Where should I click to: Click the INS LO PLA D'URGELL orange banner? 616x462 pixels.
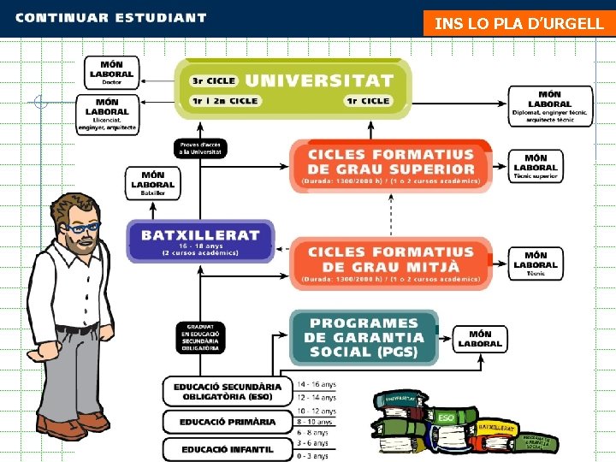(518, 23)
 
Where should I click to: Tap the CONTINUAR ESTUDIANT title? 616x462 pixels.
(111, 17)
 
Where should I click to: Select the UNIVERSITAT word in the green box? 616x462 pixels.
(319, 80)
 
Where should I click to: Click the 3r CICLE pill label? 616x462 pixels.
(213, 81)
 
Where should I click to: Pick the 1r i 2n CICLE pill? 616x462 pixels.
(225, 101)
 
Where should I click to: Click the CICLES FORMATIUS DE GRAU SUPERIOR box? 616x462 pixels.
(390, 166)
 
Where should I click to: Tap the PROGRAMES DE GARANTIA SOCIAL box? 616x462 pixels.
(364, 337)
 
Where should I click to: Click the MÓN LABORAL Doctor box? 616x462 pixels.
(111, 72)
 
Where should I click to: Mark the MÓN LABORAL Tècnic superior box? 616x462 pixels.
(536, 166)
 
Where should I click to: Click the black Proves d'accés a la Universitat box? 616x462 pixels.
(200, 148)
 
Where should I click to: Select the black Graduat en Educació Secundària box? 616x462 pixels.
(200, 336)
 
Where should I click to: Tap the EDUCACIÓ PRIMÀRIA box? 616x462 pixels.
(227, 422)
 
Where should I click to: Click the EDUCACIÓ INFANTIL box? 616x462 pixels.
(227, 448)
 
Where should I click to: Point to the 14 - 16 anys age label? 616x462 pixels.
(317, 384)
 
